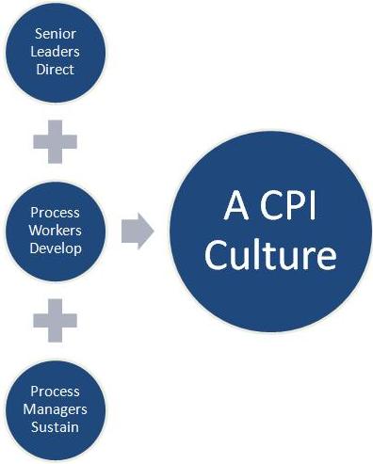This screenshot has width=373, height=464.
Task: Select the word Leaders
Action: [55, 52]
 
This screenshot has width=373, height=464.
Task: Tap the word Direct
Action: [55, 69]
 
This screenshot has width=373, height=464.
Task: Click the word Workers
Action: [55, 231]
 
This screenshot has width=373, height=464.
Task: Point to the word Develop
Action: [55, 248]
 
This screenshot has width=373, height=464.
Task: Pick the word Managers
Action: [55, 408]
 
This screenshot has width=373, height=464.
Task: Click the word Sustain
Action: [55, 425]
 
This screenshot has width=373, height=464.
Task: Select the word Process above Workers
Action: [55, 214]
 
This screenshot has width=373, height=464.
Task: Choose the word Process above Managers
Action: [55, 392]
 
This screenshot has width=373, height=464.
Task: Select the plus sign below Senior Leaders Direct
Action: [55, 142]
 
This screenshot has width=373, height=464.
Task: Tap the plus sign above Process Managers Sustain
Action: [55, 320]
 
